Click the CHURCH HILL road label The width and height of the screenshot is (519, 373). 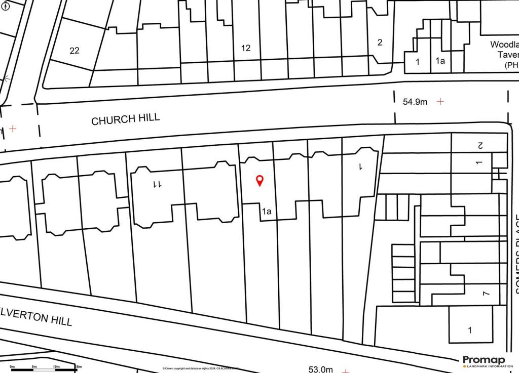click(126, 119)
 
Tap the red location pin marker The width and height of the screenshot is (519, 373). click(259, 180)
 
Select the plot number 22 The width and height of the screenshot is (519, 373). click(75, 51)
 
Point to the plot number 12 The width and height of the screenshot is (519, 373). click(246, 49)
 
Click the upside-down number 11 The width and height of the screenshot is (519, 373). click(157, 185)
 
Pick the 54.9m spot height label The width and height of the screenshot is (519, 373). click(415, 102)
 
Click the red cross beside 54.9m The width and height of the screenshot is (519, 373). click(440, 101)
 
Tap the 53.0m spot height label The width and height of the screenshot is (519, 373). click(321, 369)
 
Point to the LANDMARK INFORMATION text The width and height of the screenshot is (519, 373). click(487, 366)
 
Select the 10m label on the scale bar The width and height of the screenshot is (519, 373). click(56, 366)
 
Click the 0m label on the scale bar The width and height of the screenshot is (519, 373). click(12, 366)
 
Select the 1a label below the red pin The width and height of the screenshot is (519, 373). click(267, 212)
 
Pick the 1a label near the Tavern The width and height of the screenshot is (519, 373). click(440, 62)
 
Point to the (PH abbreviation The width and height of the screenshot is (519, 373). click(511, 65)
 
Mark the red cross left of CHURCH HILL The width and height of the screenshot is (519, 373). click(13, 129)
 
